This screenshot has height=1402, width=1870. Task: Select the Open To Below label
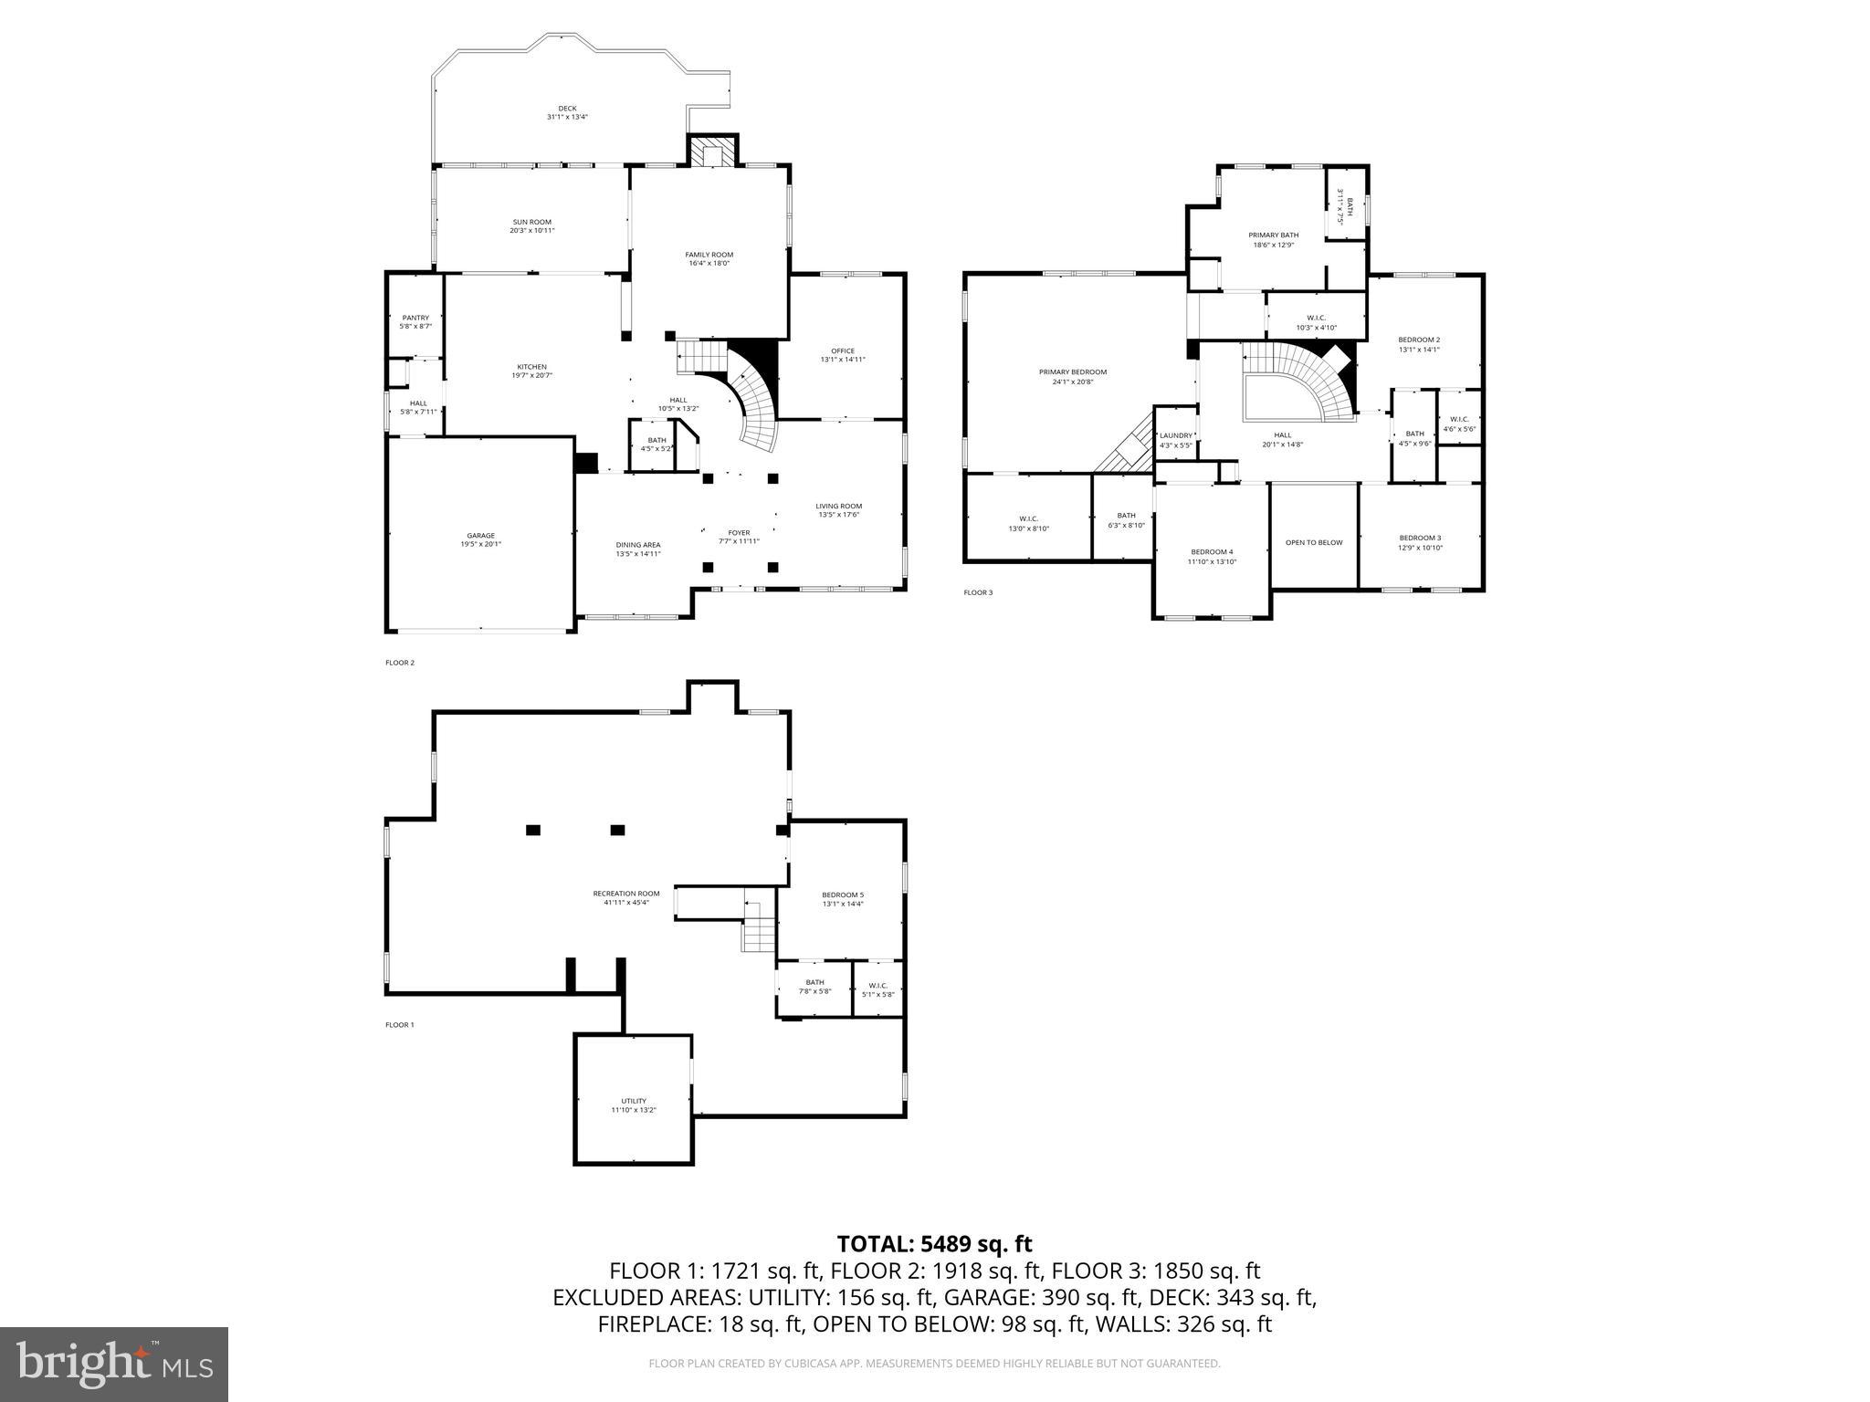[x=1314, y=542]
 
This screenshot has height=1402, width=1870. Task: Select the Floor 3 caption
[x=978, y=592]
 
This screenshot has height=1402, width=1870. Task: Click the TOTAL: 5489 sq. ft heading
[x=934, y=1244]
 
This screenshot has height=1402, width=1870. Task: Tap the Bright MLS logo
[x=114, y=1364]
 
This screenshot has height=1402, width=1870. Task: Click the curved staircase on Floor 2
[x=757, y=412]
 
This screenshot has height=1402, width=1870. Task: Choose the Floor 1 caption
[x=399, y=1024]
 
